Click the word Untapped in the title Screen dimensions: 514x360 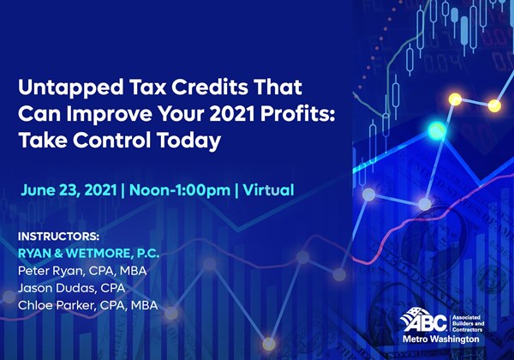tap(71, 87)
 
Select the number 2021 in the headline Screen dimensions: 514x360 tap(232, 114)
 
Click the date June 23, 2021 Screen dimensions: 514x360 tap(69, 190)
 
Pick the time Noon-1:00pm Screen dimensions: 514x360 tap(180, 190)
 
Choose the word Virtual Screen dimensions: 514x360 tap(268, 190)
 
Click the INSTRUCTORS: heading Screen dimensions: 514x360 tap(58, 237)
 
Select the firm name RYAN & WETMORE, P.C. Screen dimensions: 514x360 tap(88, 254)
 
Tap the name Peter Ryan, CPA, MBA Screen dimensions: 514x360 tap(82, 271)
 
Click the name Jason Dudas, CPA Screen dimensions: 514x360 tap(71, 288)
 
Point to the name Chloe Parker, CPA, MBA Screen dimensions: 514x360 tap(88, 306)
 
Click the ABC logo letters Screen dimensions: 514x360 tap(425, 322)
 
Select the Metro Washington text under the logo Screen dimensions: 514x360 tap(441, 339)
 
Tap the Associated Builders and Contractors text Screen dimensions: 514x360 tap(468, 323)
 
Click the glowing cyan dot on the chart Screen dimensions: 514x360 tap(437, 130)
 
